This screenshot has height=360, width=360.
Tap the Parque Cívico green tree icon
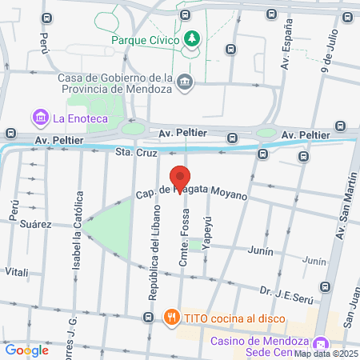[192, 37]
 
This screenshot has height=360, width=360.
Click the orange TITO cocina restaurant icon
[171, 318]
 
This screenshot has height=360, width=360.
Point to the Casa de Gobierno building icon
[186, 82]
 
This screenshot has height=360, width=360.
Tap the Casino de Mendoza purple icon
[321, 342]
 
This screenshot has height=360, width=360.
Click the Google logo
[26, 350]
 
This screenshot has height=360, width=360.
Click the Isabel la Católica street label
[78, 231]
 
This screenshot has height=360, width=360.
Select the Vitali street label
[16, 271]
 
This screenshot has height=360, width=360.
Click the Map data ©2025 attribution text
[326, 354]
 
